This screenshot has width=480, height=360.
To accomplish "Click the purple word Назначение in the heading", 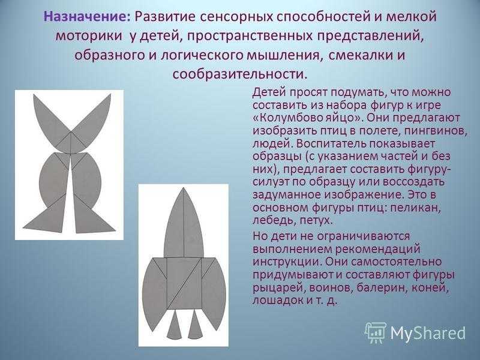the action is pyautogui.click(x=87, y=17).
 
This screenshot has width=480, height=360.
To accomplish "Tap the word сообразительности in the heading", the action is pyautogui.click(x=239, y=74).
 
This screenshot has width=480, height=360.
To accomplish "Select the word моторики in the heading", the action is pyautogui.click(x=89, y=36).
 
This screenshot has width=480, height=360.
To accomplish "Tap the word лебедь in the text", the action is pyautogui.click(x=275, y=221).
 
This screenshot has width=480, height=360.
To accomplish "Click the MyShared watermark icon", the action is pyautogui.click(x=376, y=333).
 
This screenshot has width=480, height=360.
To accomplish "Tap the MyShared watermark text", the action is pyautogui.click(x=428, y=333).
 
